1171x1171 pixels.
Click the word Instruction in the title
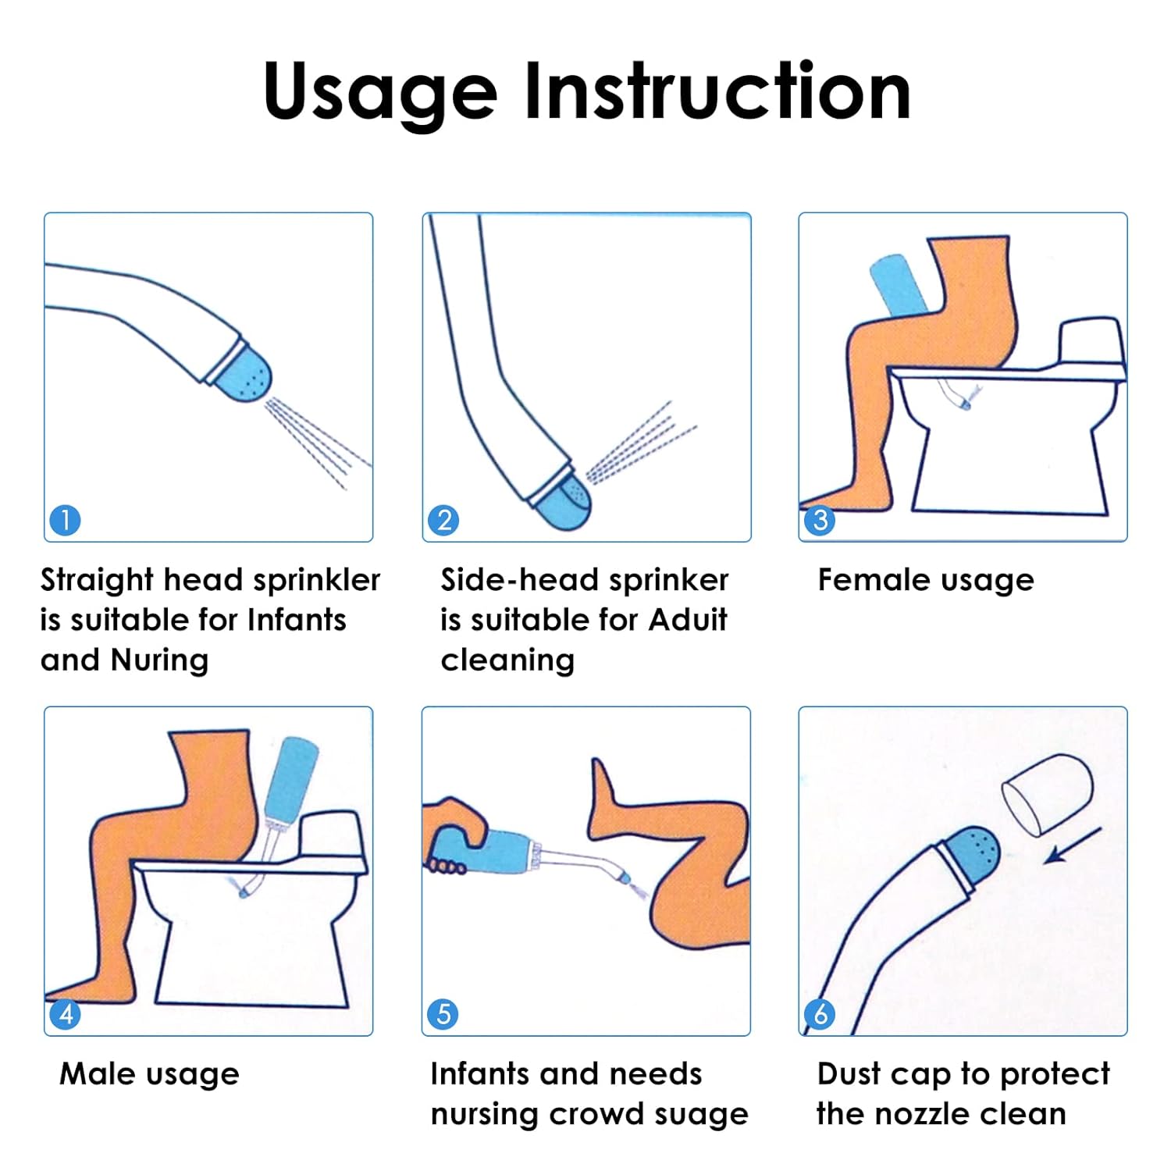717,91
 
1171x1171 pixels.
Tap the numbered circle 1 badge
65,520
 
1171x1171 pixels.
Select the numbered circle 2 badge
443,520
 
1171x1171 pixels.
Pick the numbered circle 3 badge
820,520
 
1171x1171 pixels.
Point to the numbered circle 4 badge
65,1014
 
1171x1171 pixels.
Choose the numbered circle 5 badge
443,1014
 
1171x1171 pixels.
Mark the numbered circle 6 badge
820,1014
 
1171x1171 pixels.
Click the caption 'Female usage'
925,580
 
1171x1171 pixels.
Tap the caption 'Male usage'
149,1074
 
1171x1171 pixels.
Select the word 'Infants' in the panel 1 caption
297,620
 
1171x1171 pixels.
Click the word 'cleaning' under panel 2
507,660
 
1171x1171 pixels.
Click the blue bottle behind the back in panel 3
898,285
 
